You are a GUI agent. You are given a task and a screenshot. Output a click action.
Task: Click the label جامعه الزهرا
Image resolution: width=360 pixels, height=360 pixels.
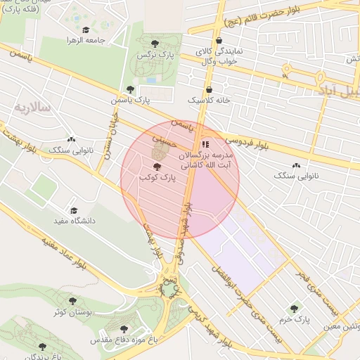(x=86, y=40)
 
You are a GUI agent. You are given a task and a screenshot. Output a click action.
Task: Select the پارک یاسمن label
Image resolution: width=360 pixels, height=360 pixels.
(x=130, y=101)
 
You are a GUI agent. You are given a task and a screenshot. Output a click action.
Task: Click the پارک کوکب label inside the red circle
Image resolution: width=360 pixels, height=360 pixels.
(x=156, y=179)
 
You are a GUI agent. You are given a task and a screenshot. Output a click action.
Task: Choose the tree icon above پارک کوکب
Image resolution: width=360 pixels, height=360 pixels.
(x=156, y=167)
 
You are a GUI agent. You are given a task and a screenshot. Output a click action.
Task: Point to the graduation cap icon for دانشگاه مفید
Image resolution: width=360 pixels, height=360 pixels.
(x=74, y=210)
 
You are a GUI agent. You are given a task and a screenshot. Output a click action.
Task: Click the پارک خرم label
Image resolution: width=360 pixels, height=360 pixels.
(x=294, y=319)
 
